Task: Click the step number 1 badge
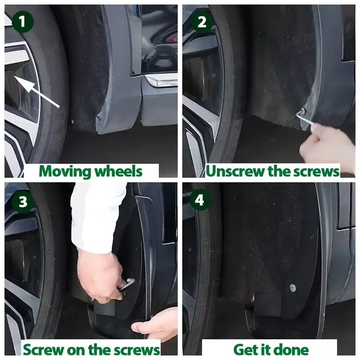coord(22,22)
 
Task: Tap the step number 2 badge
coord(202,22)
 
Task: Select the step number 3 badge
coord(23,202)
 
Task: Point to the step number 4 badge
coord(199,200)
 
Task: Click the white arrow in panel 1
coord(37,91)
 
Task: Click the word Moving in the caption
coord(65,172)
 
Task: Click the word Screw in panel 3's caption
coord(43,350)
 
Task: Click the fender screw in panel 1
coord(99,117)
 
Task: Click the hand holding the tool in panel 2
coord(329,144)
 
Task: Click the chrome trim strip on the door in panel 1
coord(161,81)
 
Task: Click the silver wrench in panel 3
coord(127,284)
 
